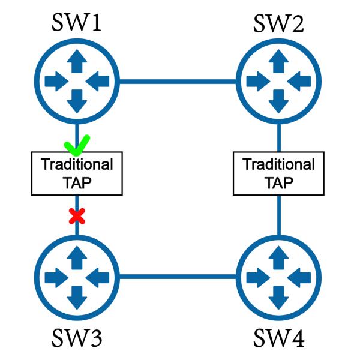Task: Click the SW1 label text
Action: [x=76, y=23]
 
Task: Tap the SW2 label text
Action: [x=278, y=23]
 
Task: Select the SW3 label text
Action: [x=76, y=338]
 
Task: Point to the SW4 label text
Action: [x=278, y=338]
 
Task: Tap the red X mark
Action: [x=76, y=214]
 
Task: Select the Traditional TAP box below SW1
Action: [x=76, y=173]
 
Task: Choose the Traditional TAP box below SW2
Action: [x=278, y=173]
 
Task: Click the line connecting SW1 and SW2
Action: [x=177, y=80]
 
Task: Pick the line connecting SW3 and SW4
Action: [x=177, y=277]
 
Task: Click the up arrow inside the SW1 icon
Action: [x=76, y=60]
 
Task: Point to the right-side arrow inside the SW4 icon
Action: [x=298, y=277]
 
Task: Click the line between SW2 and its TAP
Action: [x=278, y=137]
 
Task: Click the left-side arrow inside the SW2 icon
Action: [x=258, y=80]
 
